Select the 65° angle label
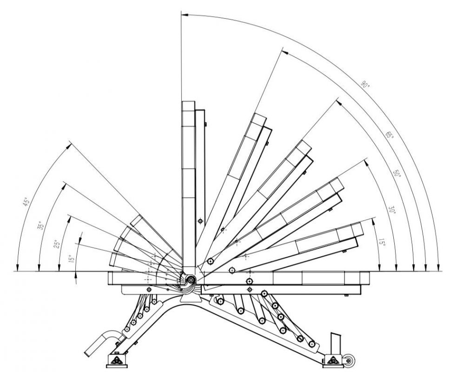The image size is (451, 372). pos(389,135)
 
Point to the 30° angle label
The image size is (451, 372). pos(392,210)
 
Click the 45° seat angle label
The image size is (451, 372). pos(26,202)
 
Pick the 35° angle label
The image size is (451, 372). pos(41,225)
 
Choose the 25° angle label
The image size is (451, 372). pos(57,244)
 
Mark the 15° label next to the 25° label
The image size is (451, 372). pos(72,259)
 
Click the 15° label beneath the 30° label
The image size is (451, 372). pos(382,242)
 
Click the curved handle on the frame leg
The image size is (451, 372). pos(101,343)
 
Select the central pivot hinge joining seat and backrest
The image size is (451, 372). pos(191,279)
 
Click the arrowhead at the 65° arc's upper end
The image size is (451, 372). pos(285,52)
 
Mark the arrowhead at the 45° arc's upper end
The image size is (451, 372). pos(68,146)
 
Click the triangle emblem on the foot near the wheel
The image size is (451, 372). pos(333,359)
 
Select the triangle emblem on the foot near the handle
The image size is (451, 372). pos(117,360)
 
